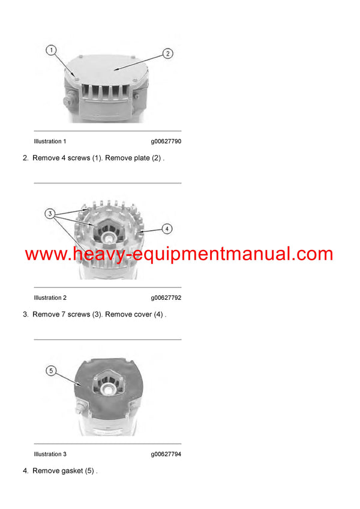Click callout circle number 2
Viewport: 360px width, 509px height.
(x=168, y=53)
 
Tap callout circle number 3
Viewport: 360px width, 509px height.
(x=51, y=213)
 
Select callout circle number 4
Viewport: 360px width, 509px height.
(x=167, y=228)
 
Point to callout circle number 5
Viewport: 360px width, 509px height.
(x=51, y=371)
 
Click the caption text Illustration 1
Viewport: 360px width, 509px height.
(x=50, y=141)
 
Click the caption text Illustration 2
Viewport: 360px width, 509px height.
(x=50, y=298)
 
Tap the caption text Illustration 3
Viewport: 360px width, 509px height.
(x=50, y=454)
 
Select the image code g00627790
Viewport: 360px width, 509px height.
(x=166, y=141)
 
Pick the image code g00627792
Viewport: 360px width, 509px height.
(x=166, y=298)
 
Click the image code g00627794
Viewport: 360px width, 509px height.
(x=166, y=454)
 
